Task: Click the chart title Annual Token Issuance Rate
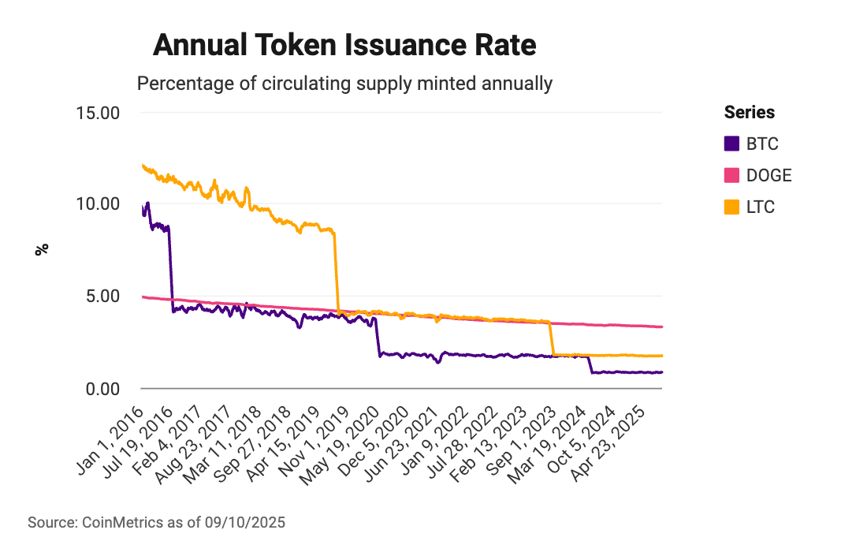click(344, 46)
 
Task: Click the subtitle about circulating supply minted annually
click(344, 83)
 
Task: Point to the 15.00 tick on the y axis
click(98, 112)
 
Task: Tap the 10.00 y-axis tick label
click(98, 203)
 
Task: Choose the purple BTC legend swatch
click(732, 144)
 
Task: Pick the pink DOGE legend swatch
click(732, 175)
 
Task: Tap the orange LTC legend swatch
click(732, 207)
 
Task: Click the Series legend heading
click(749, 112)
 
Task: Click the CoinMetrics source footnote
click(156, 522)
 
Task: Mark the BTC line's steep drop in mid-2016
click(170, 268)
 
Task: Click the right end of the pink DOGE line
click(661, 327)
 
